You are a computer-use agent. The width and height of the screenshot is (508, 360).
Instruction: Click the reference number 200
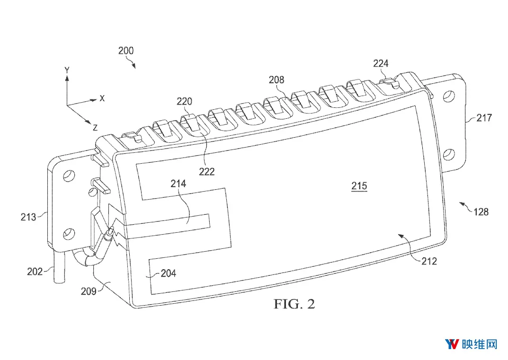tap(126, 51)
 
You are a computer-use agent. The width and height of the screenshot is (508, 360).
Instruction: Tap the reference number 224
tap(381, 63)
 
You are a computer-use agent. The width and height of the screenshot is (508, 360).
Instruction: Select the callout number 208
tap(276, 79)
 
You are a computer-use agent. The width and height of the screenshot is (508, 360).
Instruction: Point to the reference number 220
tap(184, 102)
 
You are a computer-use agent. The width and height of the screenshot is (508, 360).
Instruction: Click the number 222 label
tap(207, 171)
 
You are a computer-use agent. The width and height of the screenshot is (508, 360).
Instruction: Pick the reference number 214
tap(178, 184)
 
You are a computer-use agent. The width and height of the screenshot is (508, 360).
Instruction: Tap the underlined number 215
tap(359, 186)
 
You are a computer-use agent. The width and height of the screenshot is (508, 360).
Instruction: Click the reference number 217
tap(484, 118)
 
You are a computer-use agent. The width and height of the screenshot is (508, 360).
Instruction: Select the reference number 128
tap(481, 212)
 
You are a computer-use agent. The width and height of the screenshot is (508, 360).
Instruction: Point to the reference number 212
tap(429, 261)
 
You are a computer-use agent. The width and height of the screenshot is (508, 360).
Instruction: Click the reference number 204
tap(169, 273)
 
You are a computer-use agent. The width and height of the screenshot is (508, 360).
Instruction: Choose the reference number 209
tap(89, 291)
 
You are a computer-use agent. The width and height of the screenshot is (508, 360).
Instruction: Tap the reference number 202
tap(35, 271)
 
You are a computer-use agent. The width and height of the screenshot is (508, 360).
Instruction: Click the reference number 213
tap(28, 217)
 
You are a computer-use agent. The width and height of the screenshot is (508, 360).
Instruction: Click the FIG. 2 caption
tap(294, 304)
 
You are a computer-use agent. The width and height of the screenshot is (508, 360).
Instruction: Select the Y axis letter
tap(67, 70)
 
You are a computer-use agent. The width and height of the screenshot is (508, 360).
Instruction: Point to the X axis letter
tap(102, 98)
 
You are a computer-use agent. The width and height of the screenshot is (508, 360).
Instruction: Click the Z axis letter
tap(95, 128)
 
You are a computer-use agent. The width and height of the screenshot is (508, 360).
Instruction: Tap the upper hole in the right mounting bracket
tap(449, 96)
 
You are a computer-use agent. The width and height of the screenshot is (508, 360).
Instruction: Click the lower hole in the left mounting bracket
tap(68, 233)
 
